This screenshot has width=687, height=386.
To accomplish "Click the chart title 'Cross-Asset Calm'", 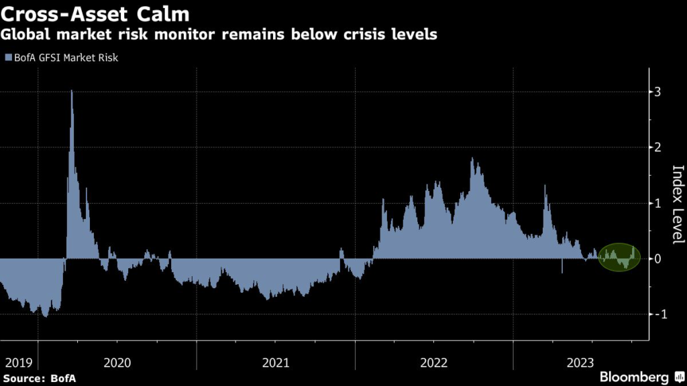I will click(95, 13).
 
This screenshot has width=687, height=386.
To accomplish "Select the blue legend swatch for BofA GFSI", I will click(8, 58).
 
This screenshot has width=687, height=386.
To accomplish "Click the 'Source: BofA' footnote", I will click(38, 378).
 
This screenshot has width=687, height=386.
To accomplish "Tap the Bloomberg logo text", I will click(633, 377).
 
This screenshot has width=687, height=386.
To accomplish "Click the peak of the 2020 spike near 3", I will click(71, 91).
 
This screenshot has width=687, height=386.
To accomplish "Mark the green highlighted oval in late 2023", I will click(618, 257).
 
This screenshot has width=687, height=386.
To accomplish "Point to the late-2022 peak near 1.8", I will click(472, 159).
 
